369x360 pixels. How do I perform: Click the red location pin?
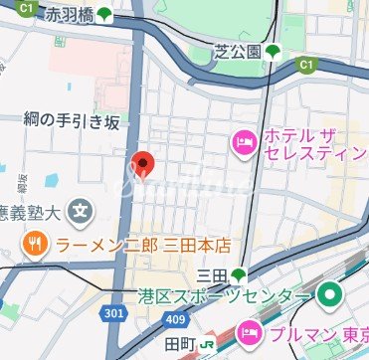(142, 163)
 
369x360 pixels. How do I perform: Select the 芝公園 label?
(238, 52)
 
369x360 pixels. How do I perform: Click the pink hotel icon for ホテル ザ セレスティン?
(243, 145)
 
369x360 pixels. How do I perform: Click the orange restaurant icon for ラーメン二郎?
(35, 243)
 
